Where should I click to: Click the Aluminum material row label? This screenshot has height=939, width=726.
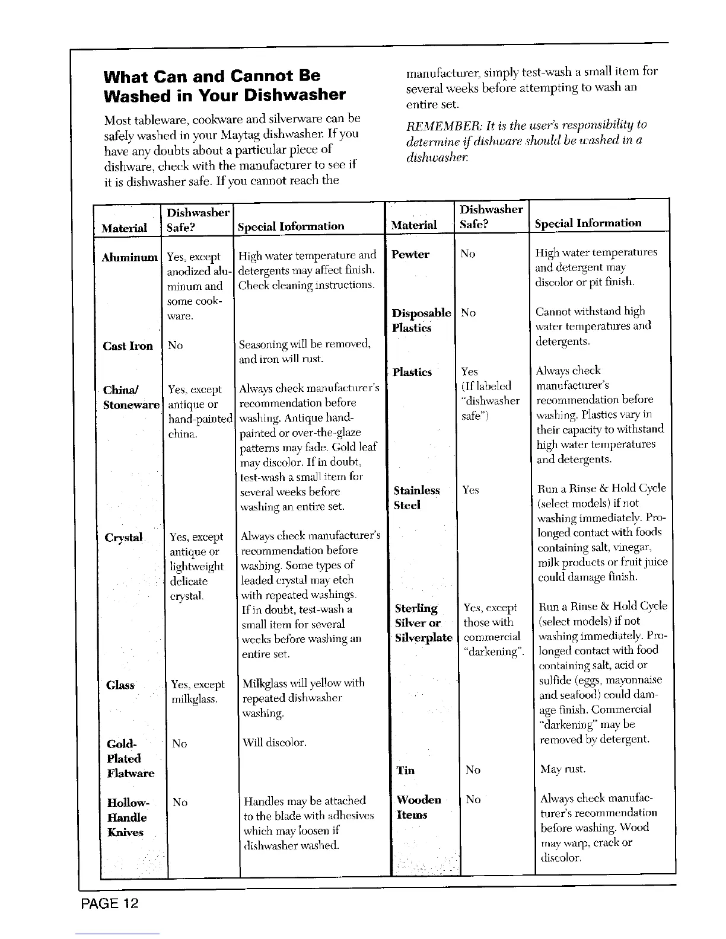(x=130, y=257)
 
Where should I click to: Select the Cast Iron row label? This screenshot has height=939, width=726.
(x=128, y=346)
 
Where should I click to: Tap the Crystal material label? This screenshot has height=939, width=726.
(x=124, y=538)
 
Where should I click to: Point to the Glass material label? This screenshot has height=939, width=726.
(x=120, y=685)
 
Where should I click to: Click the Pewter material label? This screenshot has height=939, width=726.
(x=410, y=254)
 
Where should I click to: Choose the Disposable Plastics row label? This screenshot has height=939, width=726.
(x=421, y=320)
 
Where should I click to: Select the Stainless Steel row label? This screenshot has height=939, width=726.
(x=416, y=498)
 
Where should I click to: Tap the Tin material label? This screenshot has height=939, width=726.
(x=405, y=770)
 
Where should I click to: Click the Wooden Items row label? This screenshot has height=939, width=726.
(x=418, y=807)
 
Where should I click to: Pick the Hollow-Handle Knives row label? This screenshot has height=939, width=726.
(x=128, y=817)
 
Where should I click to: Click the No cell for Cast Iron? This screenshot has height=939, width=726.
(x=175, y=345)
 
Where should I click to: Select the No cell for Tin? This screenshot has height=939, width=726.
(x=473, y=769)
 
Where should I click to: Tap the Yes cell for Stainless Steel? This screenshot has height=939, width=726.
(x=470, y=490)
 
